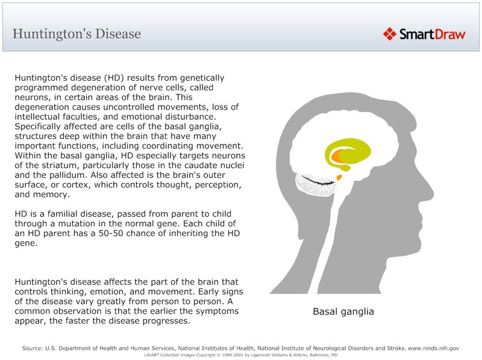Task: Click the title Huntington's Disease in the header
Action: (77, 34)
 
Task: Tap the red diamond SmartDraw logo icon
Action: (390, 34)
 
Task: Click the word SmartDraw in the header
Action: (433, 34)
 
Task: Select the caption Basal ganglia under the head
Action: (343, 312)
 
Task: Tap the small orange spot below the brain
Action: (339, 178)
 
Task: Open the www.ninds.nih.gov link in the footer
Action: (434, 348)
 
